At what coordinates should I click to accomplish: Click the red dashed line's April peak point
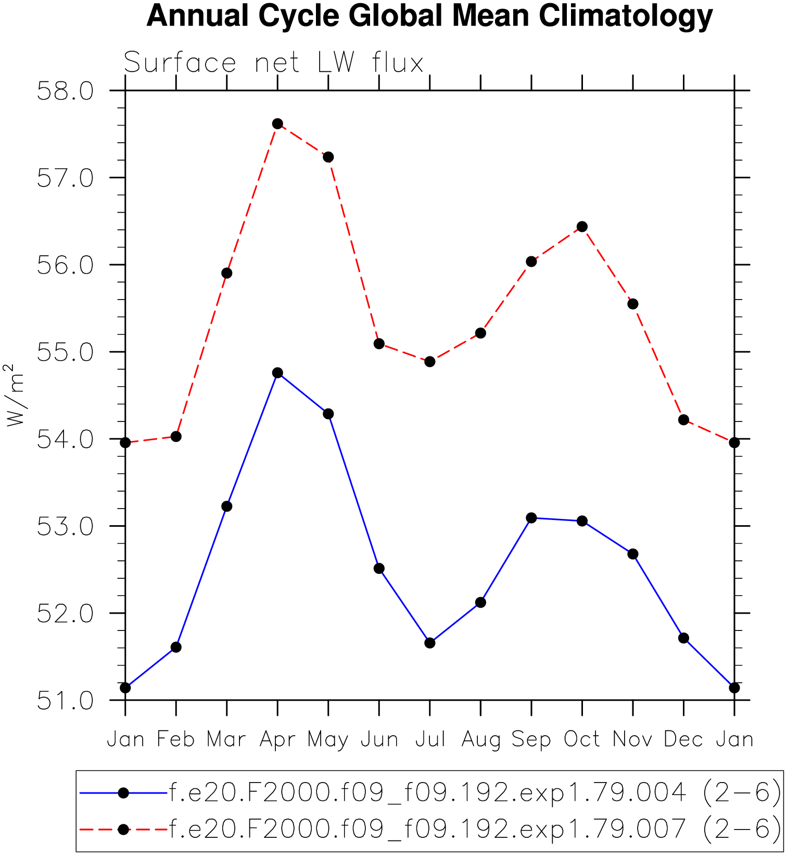click(x=277, y=123)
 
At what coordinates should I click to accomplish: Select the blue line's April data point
click(x=277, y=373)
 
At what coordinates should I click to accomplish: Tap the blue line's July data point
click(x=429, y=643)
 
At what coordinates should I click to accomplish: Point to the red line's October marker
click(x=582, y=227)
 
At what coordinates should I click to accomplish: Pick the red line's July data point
click(x=429, y=362)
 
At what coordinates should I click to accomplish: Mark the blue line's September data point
click(x=531, y=518)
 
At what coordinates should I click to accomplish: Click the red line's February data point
click(x=176, y=437)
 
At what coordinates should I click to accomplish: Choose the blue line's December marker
click(x=683, y=638)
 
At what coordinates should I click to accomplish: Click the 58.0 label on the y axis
click(x=65, y=92)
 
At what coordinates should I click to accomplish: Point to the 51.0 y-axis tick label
click(x=65, y=701)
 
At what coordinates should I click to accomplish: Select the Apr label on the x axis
click(x=277, y=740)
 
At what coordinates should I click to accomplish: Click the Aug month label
click(x=480, y=740)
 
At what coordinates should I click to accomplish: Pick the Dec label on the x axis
click(x=683, y=740)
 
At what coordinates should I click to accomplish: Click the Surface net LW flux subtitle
click(x=273, y=63)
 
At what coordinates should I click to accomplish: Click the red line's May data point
click(x=328, y=157)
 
